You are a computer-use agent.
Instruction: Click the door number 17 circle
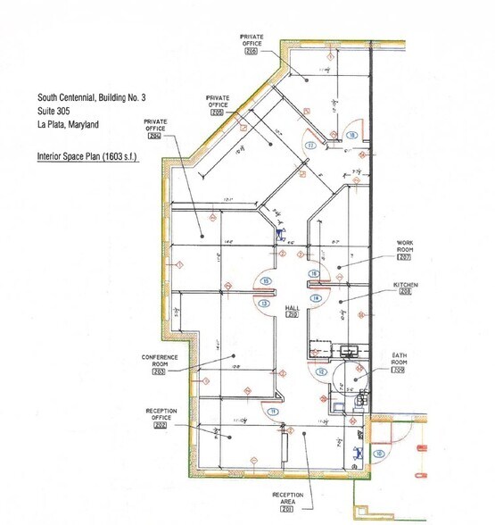tap(310, 144)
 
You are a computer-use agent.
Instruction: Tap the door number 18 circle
tap(352, 135)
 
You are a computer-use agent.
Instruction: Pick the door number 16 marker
tap(313, 273)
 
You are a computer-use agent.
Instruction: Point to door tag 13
tap(264, 304)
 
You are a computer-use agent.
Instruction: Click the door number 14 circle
tap(315, 297)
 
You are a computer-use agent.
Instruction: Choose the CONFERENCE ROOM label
tap(160, 361)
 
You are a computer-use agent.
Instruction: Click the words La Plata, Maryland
tap(74, 125)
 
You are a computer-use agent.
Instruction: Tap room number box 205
tap(219, 112)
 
